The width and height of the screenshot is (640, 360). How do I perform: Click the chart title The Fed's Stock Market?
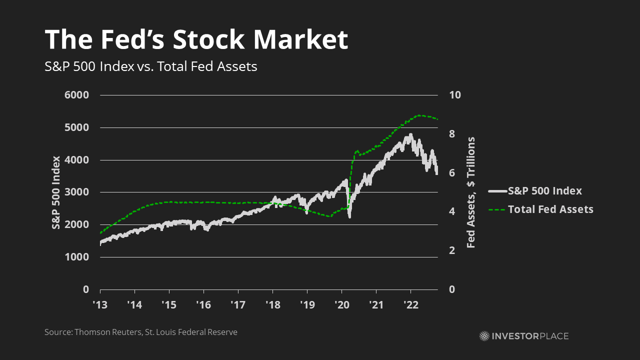pyautogui.click(x=196, y=40)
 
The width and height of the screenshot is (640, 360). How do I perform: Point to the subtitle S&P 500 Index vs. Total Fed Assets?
pyautogui.click(x=150, y=66)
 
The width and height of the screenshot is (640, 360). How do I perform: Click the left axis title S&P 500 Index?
pyautogui.click(x=56, y=192)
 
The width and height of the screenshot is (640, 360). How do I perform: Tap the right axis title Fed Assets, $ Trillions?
pyautogui.click(x=470, y=192)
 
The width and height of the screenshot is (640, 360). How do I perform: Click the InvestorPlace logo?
pyautogui.click(x=523, y=336)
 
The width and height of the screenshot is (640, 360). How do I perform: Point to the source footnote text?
pyautogui.click(x=141, y=332)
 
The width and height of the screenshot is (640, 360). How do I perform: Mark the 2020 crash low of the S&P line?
pyautogui.click(x=349, y=216)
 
